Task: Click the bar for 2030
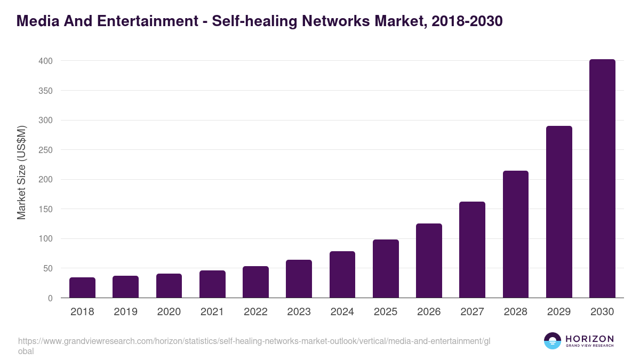pyautogui.click(x=602, y=179)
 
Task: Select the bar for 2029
pyautogui.click(x=559, y=212)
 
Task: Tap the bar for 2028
pyautogui.click(x=515, y=234)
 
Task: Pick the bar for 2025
pyautogui.click(x=386, y=269)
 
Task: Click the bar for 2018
pyautogui.click(x=82, y=287)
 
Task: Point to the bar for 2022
pyautogui.click(x=255, y=282)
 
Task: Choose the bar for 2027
pyautogui.click(x=472, y=250)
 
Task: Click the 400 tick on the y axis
pyautogui.click(x=45, y=61)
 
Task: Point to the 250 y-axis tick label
pyautogui.click(x=45, y=150)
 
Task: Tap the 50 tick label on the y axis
pyautogui.click(x=47, y=269)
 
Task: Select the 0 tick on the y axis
pyautogui.click(x=50, y=299)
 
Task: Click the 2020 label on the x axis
pyautogui.click(x=169, y=312)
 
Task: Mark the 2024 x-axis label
pyautogui.click(x=342, y=312)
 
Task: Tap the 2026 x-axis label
pyautogui.click(x=429, y=312)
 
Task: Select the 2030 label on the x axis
pyautogui.click(x=602, y=312)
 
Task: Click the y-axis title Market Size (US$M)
pyautogui.click(x=21, y=173)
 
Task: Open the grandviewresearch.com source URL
pyautogui.click(x=253, y=341)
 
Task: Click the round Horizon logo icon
pyautogui.click(x=553, y=341)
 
